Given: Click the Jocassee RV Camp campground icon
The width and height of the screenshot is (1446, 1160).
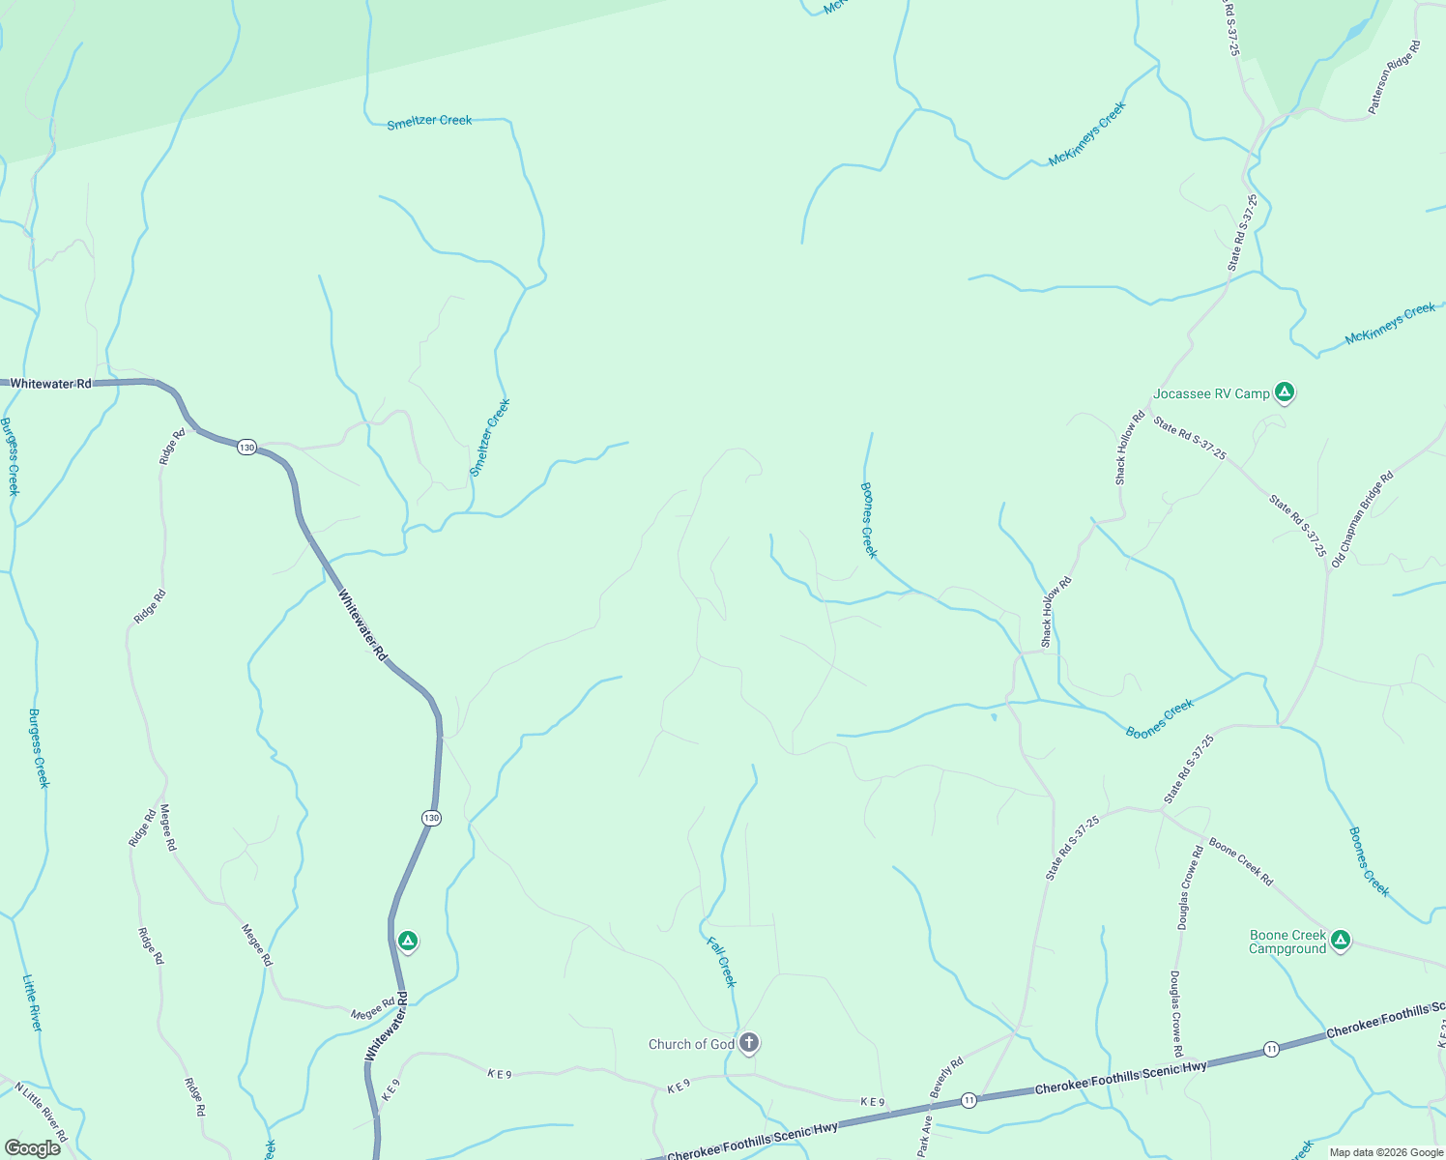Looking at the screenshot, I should (x=1284, y=391).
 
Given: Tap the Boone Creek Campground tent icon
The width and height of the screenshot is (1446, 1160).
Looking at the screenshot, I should (x=1340, y=939).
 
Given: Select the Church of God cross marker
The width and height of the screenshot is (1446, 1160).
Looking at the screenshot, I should (x=748, y=1042).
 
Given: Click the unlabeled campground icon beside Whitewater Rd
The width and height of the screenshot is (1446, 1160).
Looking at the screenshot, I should (x=408, y=940).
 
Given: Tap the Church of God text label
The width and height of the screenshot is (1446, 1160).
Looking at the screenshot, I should (x=691, y=1044).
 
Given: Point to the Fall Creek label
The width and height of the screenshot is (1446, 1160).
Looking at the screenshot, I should (x=721, y=962).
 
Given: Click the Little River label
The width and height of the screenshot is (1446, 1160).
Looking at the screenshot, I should (x=33, y=1002).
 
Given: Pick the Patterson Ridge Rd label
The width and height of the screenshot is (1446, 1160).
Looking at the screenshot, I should (x=1395, y=77).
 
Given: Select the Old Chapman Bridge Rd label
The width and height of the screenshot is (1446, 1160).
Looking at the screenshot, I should (x=1362, y=519).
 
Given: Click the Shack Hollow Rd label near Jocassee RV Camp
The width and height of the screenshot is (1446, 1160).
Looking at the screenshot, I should (x=1129, y=448).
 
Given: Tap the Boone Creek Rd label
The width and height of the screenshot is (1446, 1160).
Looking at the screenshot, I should (x=1241, y=861).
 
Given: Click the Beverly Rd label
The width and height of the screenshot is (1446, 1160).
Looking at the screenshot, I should (x=946, y=1078).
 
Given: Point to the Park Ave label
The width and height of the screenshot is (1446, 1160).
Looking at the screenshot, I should (x=925, y=1137).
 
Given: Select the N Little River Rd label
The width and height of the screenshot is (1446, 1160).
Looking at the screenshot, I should (x=41, y=1113).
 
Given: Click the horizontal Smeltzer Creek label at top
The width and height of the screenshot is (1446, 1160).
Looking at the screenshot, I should (x=429, y=122).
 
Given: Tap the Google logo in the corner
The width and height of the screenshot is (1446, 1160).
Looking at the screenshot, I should (x=32, y=1148).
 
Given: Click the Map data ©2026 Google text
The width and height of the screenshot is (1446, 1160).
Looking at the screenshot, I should (x=1386, y=1152).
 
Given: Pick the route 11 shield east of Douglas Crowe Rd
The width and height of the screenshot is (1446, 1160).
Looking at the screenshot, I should (x=1272, y=1049).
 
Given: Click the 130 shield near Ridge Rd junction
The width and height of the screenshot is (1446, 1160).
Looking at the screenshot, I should (x=247, y=447).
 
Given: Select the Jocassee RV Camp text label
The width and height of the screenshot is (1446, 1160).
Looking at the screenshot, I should (x=1211, y=393).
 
